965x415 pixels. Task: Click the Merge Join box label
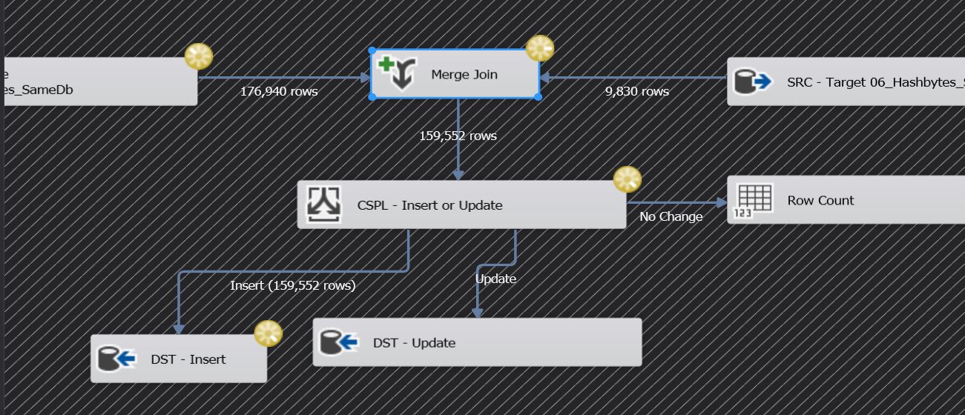(464, 74)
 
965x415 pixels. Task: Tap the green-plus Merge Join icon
(398, 73)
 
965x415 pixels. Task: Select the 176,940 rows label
(279, 91)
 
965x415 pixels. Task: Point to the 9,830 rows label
(637, 91)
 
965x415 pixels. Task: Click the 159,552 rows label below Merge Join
(458, 136)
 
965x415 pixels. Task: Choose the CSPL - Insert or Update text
(429, 205)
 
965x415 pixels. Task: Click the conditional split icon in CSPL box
(324, 205)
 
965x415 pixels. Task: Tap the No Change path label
(671, 216)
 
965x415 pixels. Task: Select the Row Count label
(820, 200)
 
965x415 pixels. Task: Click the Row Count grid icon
(753, 200)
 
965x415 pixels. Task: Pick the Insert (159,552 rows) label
(292, 285)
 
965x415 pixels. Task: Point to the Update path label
(495, 279)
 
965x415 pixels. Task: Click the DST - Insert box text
(188, 359)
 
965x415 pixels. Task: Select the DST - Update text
(414, 342)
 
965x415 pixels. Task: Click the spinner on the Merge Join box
(540, 49)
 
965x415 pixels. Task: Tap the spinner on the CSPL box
(628, 179)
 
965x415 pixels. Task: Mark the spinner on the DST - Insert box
(268, 334)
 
